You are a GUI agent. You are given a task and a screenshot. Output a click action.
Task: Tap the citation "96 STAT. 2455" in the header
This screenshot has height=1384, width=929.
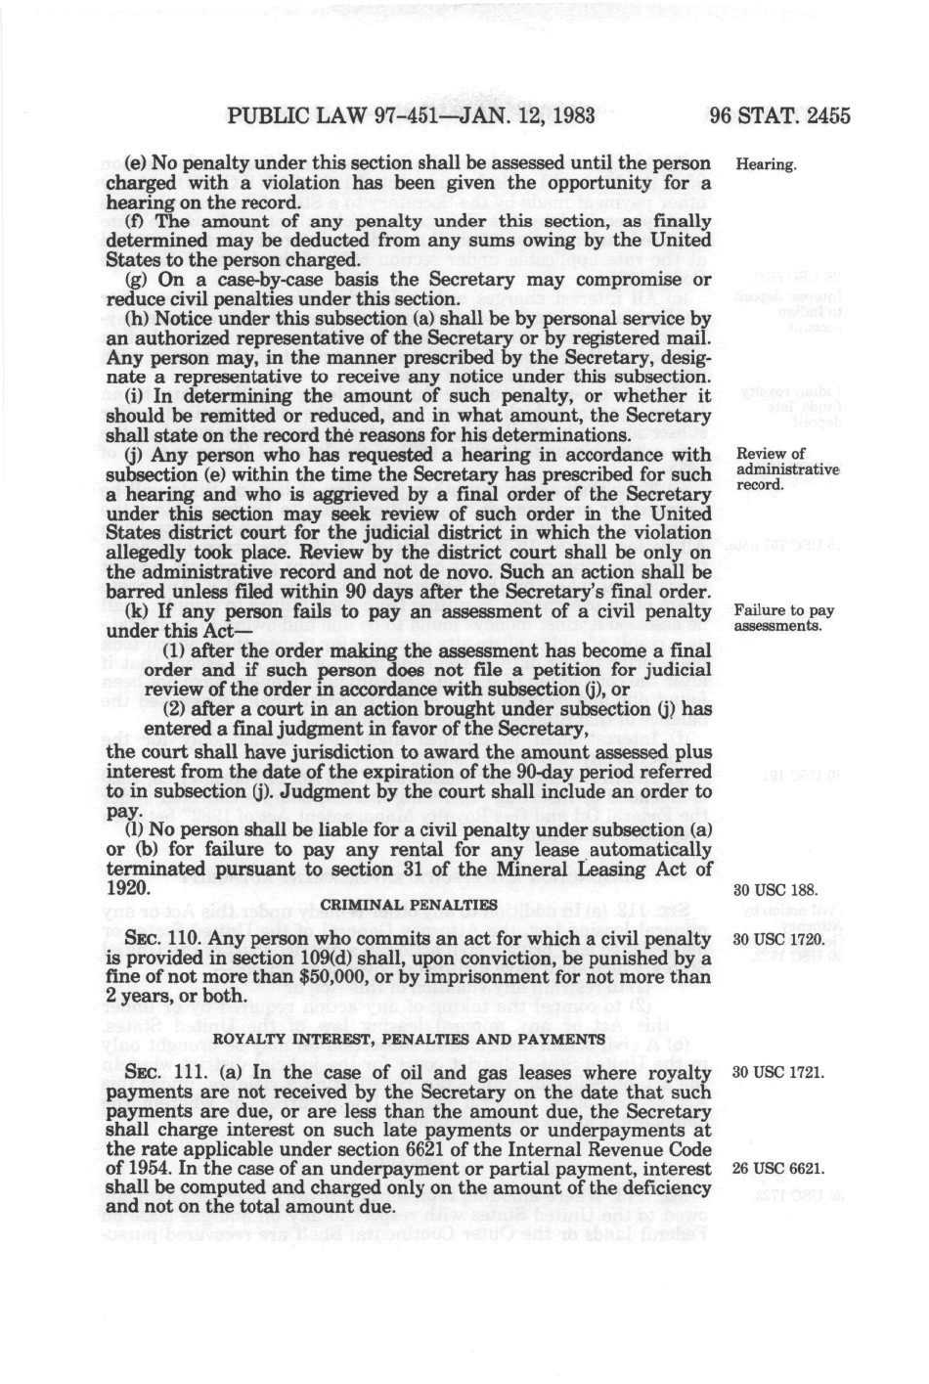point(780,115)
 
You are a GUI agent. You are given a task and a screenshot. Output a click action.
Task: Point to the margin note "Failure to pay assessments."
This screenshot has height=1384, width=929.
point(783,618)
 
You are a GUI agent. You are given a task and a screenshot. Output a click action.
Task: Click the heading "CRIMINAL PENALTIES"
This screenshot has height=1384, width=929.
point(409,905)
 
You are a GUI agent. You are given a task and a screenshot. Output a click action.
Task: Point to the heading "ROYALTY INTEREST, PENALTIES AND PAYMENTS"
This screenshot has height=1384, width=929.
point(409,1039)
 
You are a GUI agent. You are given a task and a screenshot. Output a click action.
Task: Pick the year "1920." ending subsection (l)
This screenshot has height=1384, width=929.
point(128,888)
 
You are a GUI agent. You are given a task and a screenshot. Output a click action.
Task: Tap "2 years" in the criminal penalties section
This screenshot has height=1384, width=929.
point(139,997)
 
